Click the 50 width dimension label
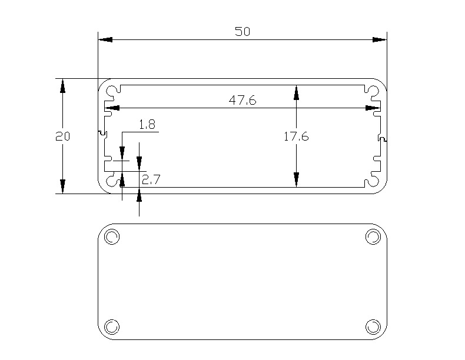[243, 31]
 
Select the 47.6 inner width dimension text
[243, 101]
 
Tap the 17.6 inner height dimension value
[296, 136]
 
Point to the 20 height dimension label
[62, 136]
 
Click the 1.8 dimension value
[147, 125]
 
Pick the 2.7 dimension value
[151, 179]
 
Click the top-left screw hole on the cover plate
[112, 236]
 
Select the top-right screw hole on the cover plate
[373, 236]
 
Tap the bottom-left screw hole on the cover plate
[112, 327]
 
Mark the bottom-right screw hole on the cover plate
[373, 327]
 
